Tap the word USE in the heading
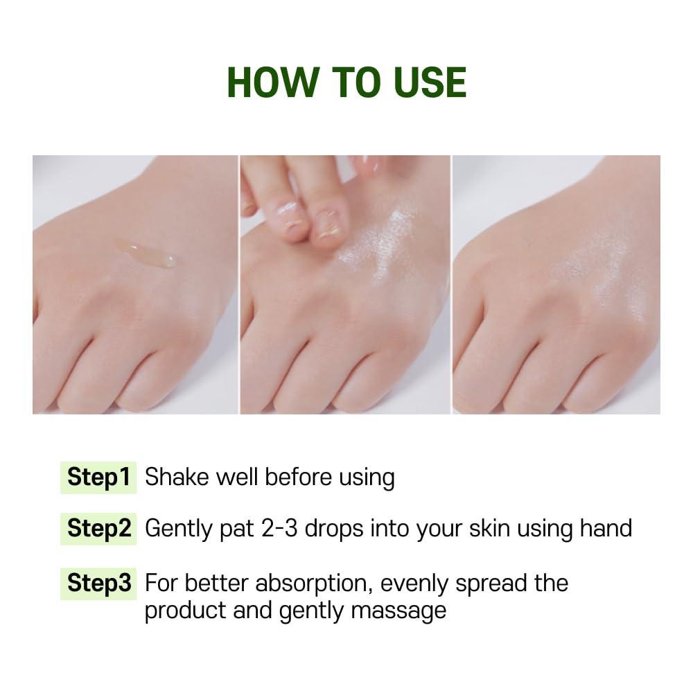[x=425, y=82]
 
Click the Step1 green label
[x=98, y=477]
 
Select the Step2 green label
[x=98, y=529]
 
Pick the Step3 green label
[x=98, y=584]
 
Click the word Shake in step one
[x=176, y=477]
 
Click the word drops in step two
[x=334, y=529]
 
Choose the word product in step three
[x=186, y=611]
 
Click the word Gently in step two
[x=179, y=529]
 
